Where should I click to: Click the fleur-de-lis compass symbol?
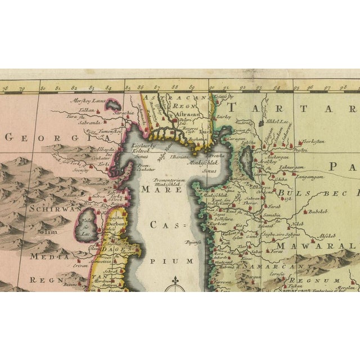(175, 280)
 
